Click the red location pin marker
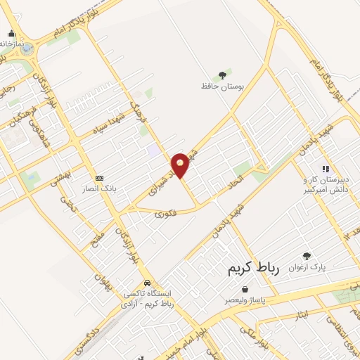pyautogui.click(x=181, y=165)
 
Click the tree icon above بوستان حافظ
pyautogui.click(x=222, y=75)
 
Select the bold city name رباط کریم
pyautogui.click(x=254, y=269)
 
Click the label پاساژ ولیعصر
pyautogui.click(x=245, y=300)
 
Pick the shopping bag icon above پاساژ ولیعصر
pyautogui.click(x=245, y=289)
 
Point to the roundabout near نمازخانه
pyautogui.click(x=27, y=49)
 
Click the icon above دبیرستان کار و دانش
pyautogui.click(x=325, y=169)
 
